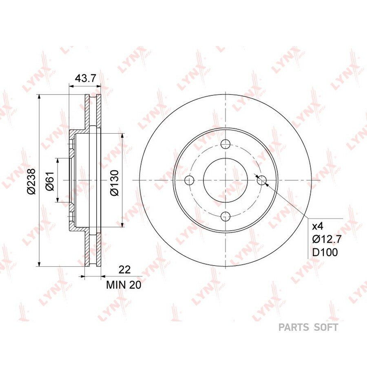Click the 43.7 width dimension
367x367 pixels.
pyautogui.click(x=86, y=78)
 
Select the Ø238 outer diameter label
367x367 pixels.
pyautogui.click(x=31, y=181)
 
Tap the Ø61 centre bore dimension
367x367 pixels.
pyautogui.click(x=50, y=181)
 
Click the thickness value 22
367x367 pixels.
pyautogui.click(x=124, y=270)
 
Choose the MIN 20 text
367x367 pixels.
pyautogui.click(x=124, y=285)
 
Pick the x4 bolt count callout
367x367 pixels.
pyautogui.click(x=318, y=226)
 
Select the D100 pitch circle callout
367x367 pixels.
pyautogui.click(x=325, y=252)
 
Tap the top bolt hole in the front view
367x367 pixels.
pyautogui.click(x=226, y=144)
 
